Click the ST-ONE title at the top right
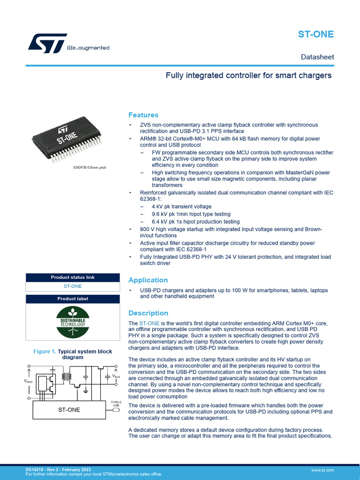pyautogui.click(x=316, y=35)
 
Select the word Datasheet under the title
pyautogui.click(x=317, y=57)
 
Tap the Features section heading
pyautogui.click(x=143, y=115)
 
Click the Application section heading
pyautogui.click(x=148, y=280)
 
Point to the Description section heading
pyautogui.click(x=148, y=313)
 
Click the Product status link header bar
pyautogui.click(x=73, y=277)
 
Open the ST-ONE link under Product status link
pyautogui.click(x=73, y=286)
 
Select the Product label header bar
pyautogui.click(x=73, y=299)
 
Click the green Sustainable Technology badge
pyautogui.click(x=73, y=322)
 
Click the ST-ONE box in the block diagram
pyautogui.click(x=69, y=410)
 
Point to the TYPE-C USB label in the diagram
pyautogui.click(x=116, y=404)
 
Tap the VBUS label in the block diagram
pyautogui.click(x=117, y=376)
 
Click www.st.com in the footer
pyautogui.click(x=322, y=470)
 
